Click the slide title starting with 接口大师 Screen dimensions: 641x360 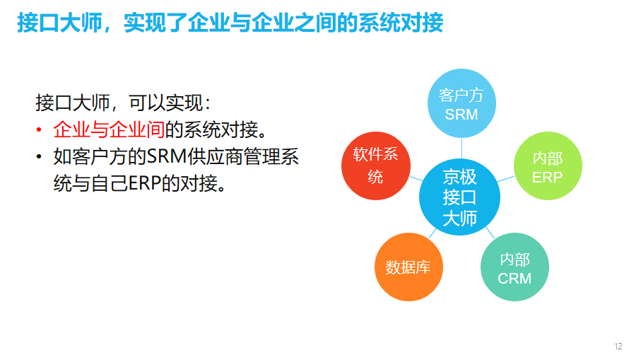pyautogui.click(x=230, y=23)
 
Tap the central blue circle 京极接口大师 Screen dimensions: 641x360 pyautogui.click(x=459, y=197)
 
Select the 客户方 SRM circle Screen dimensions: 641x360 pyautogui.click(x=461, y=103)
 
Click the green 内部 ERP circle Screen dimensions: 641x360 pyautogui.click(x=548, y=166)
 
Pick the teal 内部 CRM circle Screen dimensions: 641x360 pyautogui.click(x=514, y=267)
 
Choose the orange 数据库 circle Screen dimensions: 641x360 pyautogui.click(x=408, y=267)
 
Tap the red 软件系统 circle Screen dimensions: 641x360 pyautogui.click(x=376, y=166)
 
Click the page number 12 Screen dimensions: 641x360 pyautogui.click(x=618, y=346)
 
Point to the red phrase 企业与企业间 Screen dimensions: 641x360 pyautogui.click(x=109, y=129)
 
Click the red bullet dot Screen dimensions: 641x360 pyautogui.click(x=39, y=130)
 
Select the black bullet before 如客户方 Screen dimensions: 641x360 pyautogui.click(x=39, y=157)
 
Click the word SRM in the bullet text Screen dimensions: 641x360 pyautogui.click(x=166, y=156)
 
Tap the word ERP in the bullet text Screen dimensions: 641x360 pyautogui.click(x=144, y=183)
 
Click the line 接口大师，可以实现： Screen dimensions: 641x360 pyautogui.click(x=123, y=103)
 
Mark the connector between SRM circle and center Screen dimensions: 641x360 pyautogui.click(x=461, y=148)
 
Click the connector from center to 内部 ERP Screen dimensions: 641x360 pyautogui.click(x=506, y=179)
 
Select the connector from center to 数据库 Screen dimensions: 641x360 pyautogui.click(x=432, y=233)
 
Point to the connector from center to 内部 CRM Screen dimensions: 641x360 pyautogui.click(x=490, y=233)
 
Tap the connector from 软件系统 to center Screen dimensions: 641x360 pyautogui.click(x=416, y=179)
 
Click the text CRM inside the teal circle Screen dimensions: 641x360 pyautogui.click(x=514, y=279)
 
